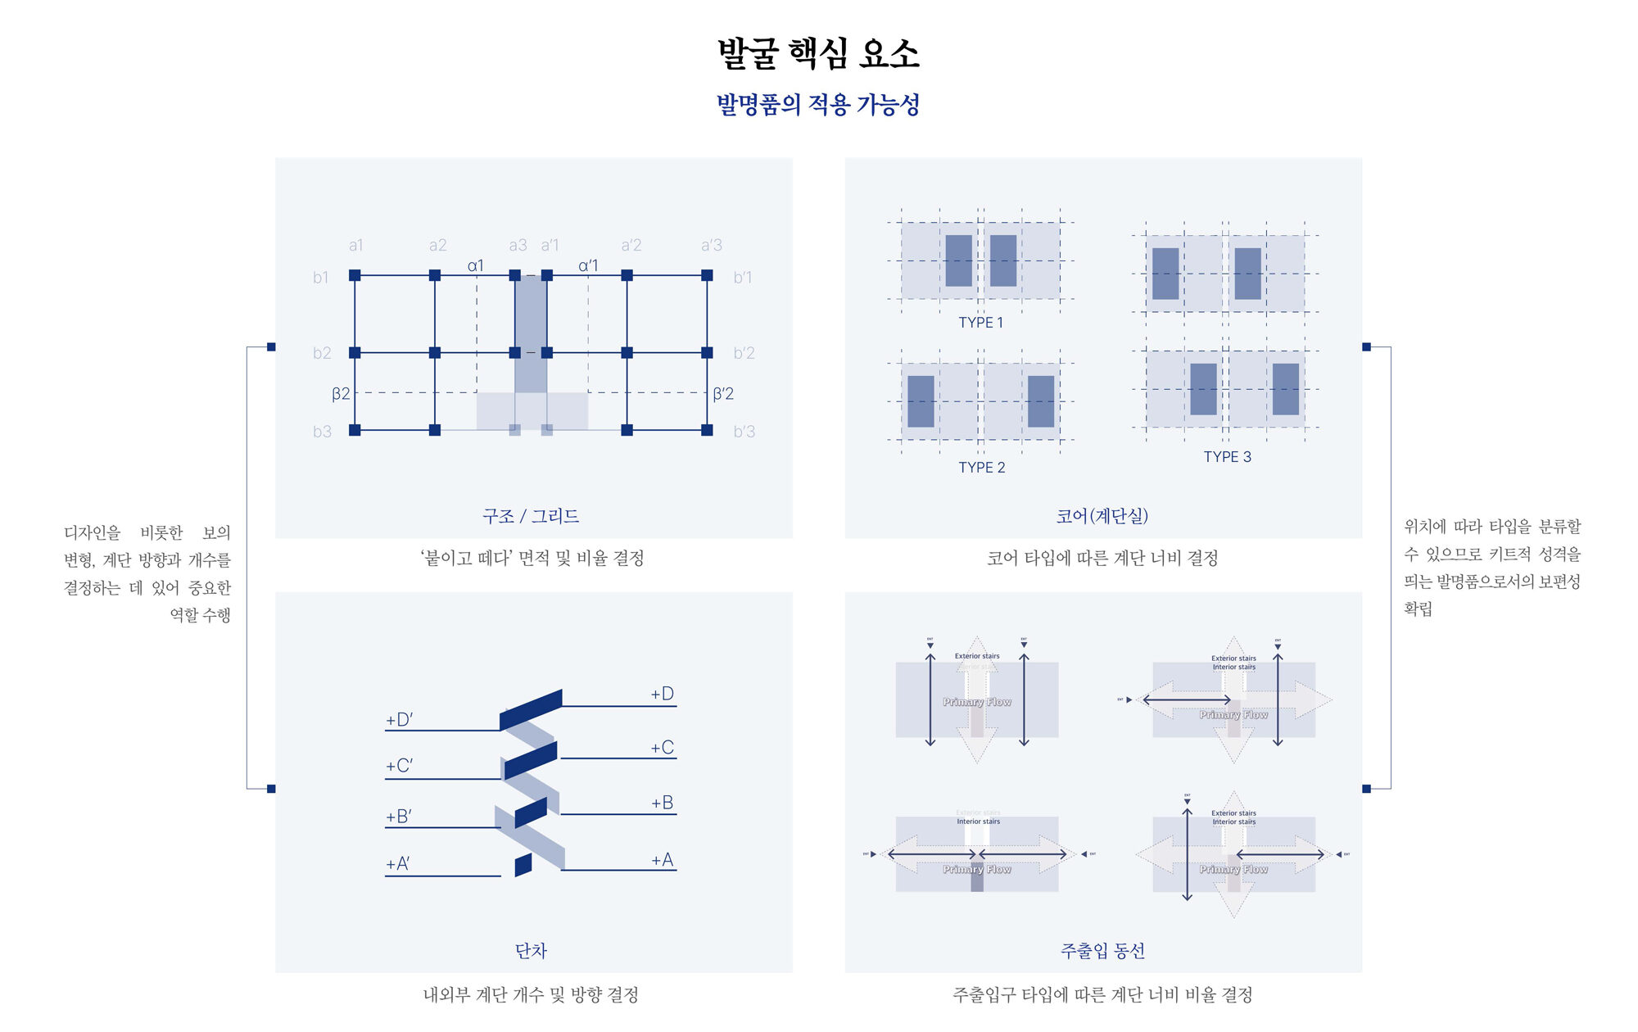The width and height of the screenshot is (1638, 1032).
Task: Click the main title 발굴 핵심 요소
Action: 818,54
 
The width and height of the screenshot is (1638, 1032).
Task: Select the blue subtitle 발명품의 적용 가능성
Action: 818,105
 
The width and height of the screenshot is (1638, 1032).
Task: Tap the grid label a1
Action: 355,245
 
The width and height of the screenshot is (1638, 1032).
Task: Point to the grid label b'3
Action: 744,432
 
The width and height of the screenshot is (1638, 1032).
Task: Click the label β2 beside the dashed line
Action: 341,394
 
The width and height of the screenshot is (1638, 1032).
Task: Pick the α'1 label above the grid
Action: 588,265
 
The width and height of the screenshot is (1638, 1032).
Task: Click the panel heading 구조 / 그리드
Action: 531,516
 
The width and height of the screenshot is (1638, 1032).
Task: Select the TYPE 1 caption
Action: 980,323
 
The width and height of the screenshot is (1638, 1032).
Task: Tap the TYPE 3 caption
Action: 1227,457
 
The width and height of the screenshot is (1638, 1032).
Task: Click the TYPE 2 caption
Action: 981,468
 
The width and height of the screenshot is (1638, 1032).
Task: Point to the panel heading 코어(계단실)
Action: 1102,516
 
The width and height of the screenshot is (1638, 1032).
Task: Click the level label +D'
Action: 400,720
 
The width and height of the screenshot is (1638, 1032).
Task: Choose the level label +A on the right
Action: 662,860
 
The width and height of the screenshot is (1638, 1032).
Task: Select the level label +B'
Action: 399,817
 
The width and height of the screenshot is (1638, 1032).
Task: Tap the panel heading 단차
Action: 531,951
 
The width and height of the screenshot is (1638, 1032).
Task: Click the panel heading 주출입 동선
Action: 1102,951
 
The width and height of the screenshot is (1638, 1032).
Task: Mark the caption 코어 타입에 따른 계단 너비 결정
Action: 1102,559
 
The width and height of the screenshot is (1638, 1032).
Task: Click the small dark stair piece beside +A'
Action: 523,865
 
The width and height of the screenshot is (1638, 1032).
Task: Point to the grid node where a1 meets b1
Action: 355,275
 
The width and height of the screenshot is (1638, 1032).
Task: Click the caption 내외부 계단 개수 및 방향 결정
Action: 531,995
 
